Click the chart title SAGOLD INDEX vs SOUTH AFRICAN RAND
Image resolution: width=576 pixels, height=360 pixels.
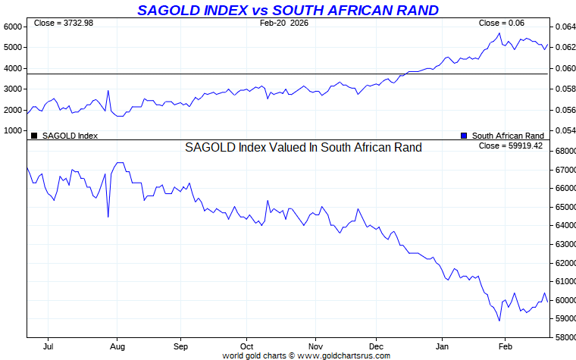[287, 10]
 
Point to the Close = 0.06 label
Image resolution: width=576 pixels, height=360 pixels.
[502, 23]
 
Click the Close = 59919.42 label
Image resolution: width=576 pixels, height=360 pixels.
[511, 146]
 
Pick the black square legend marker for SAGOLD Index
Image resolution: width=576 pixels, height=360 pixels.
[34, 136]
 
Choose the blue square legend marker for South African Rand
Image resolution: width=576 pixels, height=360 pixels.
[464, 136]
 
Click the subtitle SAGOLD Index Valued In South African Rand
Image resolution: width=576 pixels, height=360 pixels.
[303, 148]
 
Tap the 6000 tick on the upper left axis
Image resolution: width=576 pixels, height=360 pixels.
[13, 27]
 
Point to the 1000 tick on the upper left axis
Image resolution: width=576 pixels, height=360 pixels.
[13, 131]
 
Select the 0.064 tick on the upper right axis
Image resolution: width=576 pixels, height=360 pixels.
[564, 27]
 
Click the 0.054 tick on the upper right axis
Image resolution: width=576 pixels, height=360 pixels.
[564, 131]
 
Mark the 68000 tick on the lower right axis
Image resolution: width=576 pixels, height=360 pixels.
[564, 151]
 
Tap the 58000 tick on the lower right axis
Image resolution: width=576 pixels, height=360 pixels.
[564, 337]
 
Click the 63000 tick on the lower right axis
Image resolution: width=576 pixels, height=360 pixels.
[564, 244]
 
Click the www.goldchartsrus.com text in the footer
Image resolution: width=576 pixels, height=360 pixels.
[344, 355]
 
